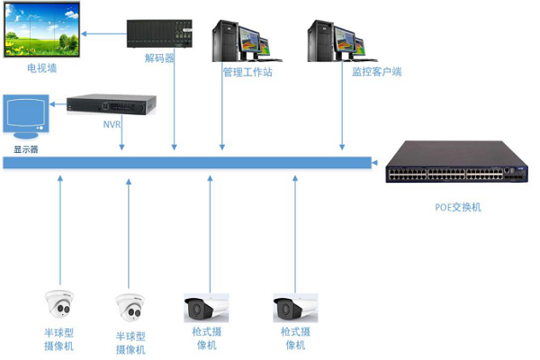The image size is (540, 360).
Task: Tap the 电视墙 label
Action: [x=41, y=67]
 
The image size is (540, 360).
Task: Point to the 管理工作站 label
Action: [x=247, y=71]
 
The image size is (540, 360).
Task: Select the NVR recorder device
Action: [x=113, y=105]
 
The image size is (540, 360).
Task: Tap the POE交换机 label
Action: [x=457, y=207]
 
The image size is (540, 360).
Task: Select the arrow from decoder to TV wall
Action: [x=106, y=36]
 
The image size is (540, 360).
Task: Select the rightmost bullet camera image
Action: [x=295, y=308]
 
